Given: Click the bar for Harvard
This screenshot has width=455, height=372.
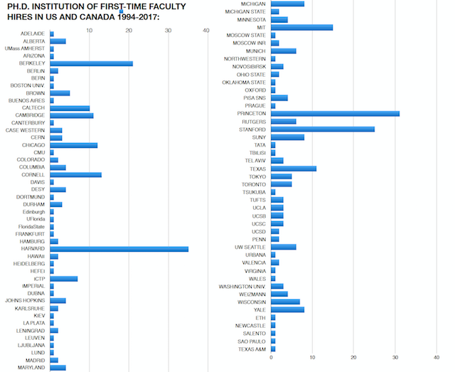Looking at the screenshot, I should click(119, 249).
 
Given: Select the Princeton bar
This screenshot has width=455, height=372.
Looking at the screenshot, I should click(335, 114).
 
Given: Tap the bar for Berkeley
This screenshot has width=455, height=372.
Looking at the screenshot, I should click(91, 63).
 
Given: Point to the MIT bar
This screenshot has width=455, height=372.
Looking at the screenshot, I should click(301, 27).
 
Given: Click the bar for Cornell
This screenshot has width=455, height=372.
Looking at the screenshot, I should click(75, 174).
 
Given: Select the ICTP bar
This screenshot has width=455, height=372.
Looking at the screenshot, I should click(63, 279).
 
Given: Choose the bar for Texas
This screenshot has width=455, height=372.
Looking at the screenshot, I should click(294, 169).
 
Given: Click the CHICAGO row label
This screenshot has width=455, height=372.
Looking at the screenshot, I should click(33, 145).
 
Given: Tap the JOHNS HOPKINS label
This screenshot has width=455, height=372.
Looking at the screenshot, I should click(25, 301).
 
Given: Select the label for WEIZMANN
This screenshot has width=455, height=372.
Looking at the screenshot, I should click(252, 294).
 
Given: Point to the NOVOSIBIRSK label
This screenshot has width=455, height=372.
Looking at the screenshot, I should click(249, 66).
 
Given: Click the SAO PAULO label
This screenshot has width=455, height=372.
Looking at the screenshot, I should click(251, 341).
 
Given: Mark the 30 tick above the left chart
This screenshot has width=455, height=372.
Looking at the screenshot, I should click(168, 30).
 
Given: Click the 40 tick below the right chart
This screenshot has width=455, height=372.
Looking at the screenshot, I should click(436, 358).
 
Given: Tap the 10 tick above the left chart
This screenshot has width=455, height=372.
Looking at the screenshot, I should click(90, 30).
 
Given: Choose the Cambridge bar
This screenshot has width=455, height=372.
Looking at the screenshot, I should click(71, 115).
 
